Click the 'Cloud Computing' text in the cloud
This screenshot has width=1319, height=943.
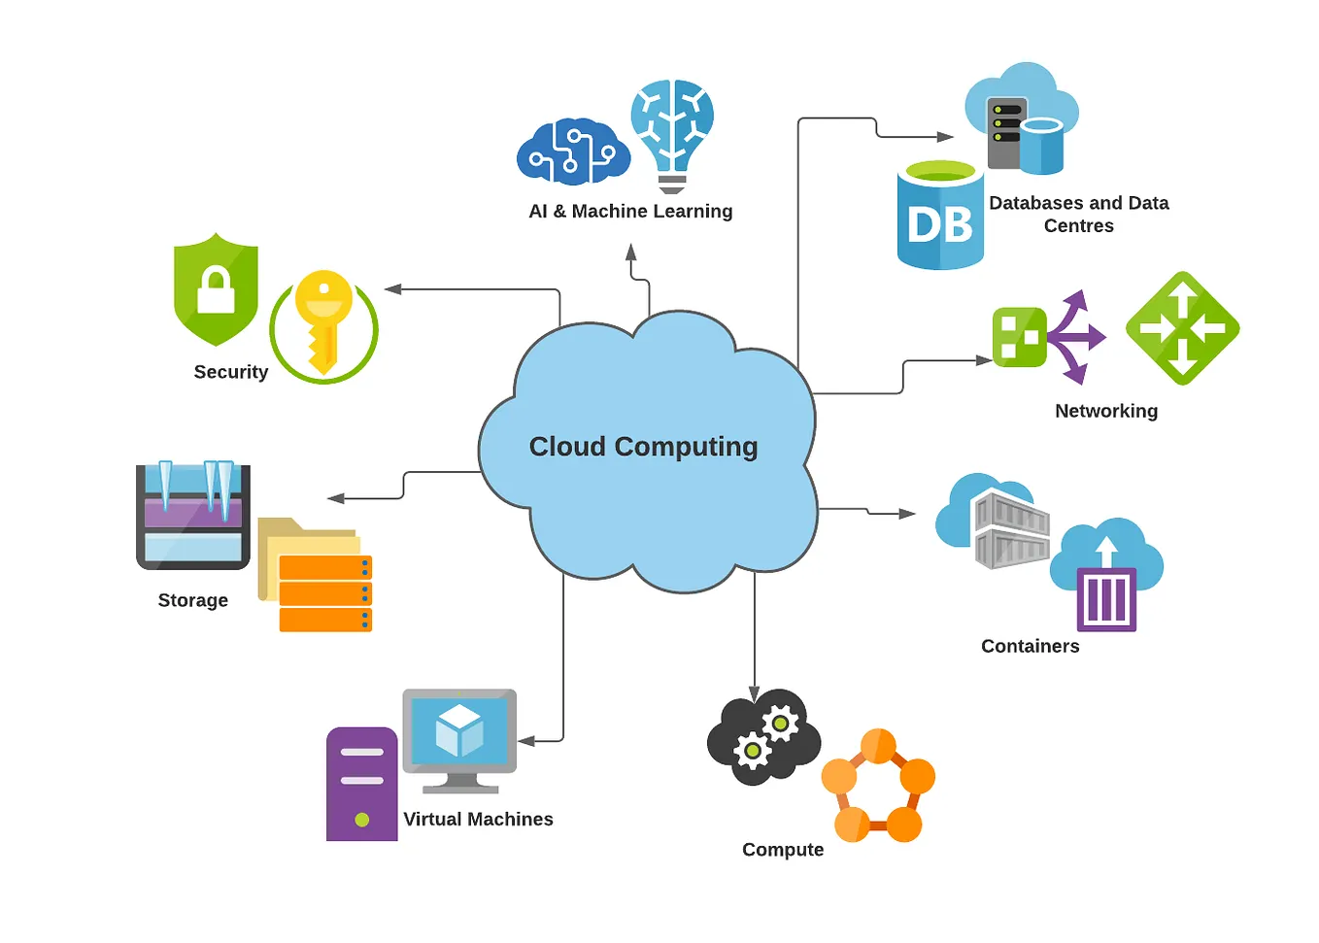(643, 447)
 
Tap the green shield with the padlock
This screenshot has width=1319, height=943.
(216, 289)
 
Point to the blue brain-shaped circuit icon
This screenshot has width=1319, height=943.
(571, 152)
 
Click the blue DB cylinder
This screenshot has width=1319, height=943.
(939, 219)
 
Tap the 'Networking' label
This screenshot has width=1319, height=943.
(1105, 411)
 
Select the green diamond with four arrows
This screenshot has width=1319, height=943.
(1182, 328)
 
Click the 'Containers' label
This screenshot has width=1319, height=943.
(1030, 646)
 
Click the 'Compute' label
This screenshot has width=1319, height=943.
(782, 850)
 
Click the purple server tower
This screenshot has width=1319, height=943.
(361, 783)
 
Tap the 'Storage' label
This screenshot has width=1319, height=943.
(192, 600)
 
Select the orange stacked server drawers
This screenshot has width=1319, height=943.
(325, 593)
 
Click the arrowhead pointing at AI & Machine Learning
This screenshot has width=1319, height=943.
(631, 253)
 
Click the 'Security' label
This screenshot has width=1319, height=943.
(230, 372)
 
